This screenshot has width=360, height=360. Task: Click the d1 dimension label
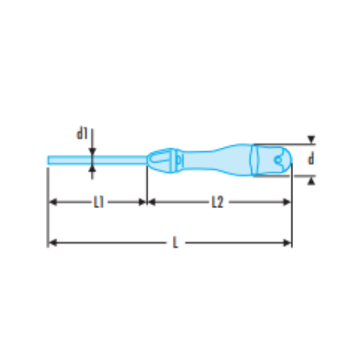[82, 133]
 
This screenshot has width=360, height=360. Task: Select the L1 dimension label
[99, 202]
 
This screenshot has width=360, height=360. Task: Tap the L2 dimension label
[217, 202]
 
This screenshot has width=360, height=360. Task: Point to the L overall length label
[176, 243]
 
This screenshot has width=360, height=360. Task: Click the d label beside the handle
[311, 159]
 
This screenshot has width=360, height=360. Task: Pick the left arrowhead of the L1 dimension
[53, 202]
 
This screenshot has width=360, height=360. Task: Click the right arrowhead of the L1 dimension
[143, 202]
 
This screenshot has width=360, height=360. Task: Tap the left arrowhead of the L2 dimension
[152, 202]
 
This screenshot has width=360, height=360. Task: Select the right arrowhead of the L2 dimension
[287, 202]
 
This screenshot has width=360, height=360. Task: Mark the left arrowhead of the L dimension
[53, 243]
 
